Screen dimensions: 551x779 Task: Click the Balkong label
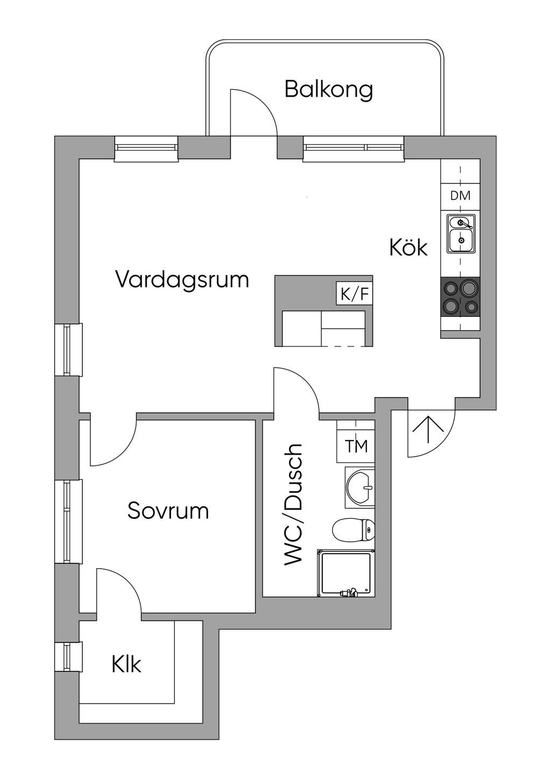click(329, 90)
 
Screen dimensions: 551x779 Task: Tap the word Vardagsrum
click(182, 280)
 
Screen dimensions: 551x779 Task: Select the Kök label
click(408, 247)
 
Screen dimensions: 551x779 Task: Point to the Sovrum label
click(168, 511)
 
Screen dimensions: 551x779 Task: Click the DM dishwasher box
click(460, 196)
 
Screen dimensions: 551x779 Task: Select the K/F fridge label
click(354, 294)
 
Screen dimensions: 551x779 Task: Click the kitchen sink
click(461, 233)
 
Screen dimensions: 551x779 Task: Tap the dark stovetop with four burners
click(460, 296)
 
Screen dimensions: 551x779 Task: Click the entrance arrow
click(428, 430)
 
